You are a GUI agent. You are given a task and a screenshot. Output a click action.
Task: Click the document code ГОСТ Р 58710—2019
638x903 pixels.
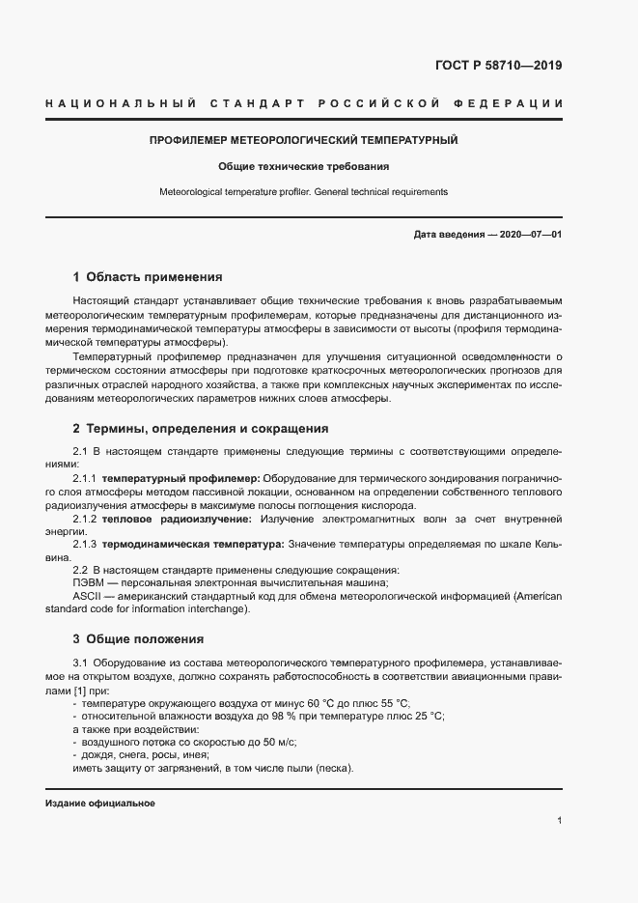tap(492, 66)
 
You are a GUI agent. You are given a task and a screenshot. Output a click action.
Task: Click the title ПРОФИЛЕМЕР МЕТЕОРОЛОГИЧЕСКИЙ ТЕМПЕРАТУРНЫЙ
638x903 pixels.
tap(303, 140)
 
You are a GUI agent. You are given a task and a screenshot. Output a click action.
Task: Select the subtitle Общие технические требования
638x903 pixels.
tap(303, 166)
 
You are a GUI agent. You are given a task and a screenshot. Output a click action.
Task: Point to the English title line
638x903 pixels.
tap(303, 192)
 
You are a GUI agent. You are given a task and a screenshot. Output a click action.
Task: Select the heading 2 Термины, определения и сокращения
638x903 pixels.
tap(201, 428)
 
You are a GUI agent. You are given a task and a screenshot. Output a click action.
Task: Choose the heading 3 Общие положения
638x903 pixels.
tap(138, 638)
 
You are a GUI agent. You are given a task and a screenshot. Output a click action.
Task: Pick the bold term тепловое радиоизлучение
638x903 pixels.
tap(169, 519)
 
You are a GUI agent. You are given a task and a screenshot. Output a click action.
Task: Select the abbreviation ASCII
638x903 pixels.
tap(85, 596)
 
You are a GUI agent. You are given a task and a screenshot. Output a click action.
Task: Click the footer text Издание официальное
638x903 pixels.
tap(100, 804)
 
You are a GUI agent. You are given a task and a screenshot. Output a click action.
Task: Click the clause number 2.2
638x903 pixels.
tap(81, 570)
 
